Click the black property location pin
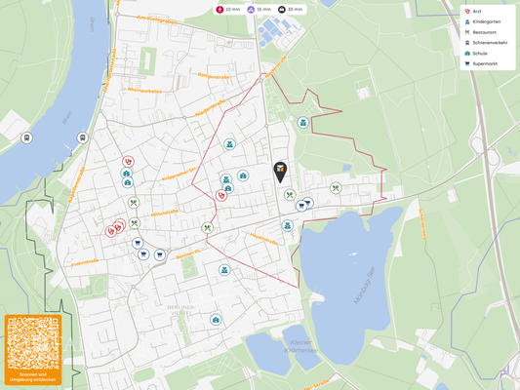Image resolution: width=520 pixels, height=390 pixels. [281, 172]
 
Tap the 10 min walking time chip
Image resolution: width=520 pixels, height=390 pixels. [227, 9]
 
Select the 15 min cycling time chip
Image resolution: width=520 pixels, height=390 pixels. [259, 9]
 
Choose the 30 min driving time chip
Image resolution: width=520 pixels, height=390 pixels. [290, 9]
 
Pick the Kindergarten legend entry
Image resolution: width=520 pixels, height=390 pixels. [486, 22]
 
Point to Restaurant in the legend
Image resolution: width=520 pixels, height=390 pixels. [485, 32]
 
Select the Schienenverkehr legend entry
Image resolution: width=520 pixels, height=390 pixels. [489, 43]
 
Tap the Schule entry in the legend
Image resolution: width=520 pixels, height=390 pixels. [479, 54]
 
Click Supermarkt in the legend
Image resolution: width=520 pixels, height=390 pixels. [485, 64]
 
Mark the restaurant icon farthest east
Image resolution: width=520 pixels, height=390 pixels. [336, 188]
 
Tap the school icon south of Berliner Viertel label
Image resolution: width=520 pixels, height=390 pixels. [216, 320]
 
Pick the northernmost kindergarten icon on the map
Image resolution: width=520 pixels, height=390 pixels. [303, 123]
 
